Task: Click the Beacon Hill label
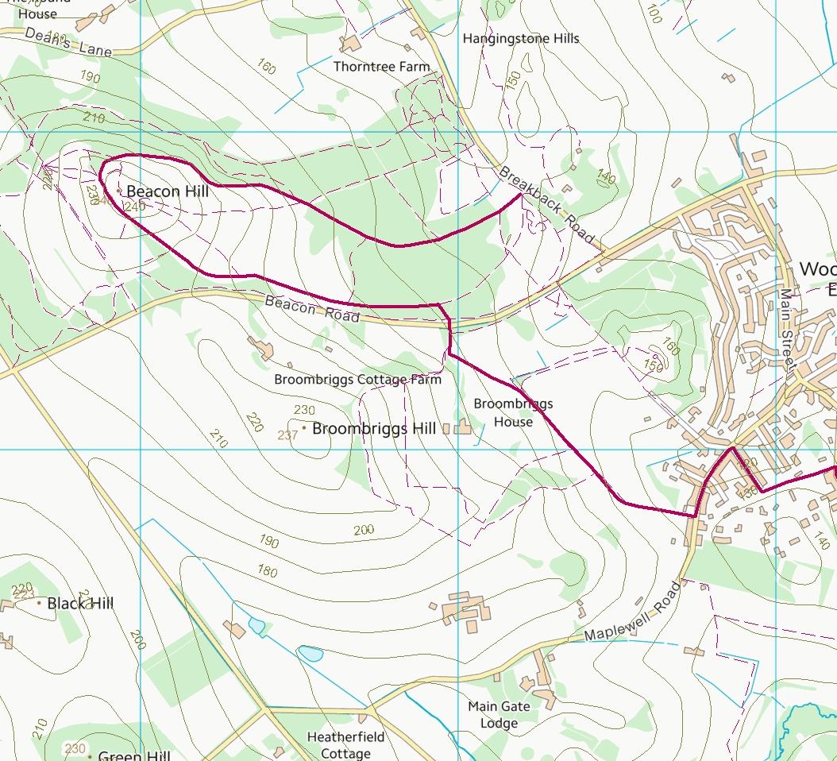point(167,191)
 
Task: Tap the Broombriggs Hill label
point(374,429)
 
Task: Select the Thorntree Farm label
point(381,67)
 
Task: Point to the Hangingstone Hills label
point(521,38)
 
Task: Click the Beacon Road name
point(311,309)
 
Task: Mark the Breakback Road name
point(547,206)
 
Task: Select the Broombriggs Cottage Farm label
point(357,380)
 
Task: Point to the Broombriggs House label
point(513,412)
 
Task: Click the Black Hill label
point(80,604)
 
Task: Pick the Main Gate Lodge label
point(499,714)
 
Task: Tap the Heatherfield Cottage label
point(339,745)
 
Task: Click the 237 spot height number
point(287,435)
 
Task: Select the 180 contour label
point(268,570)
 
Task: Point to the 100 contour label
point(653,14)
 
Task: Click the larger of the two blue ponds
point(310,654)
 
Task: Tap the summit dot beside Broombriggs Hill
point(303,428)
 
